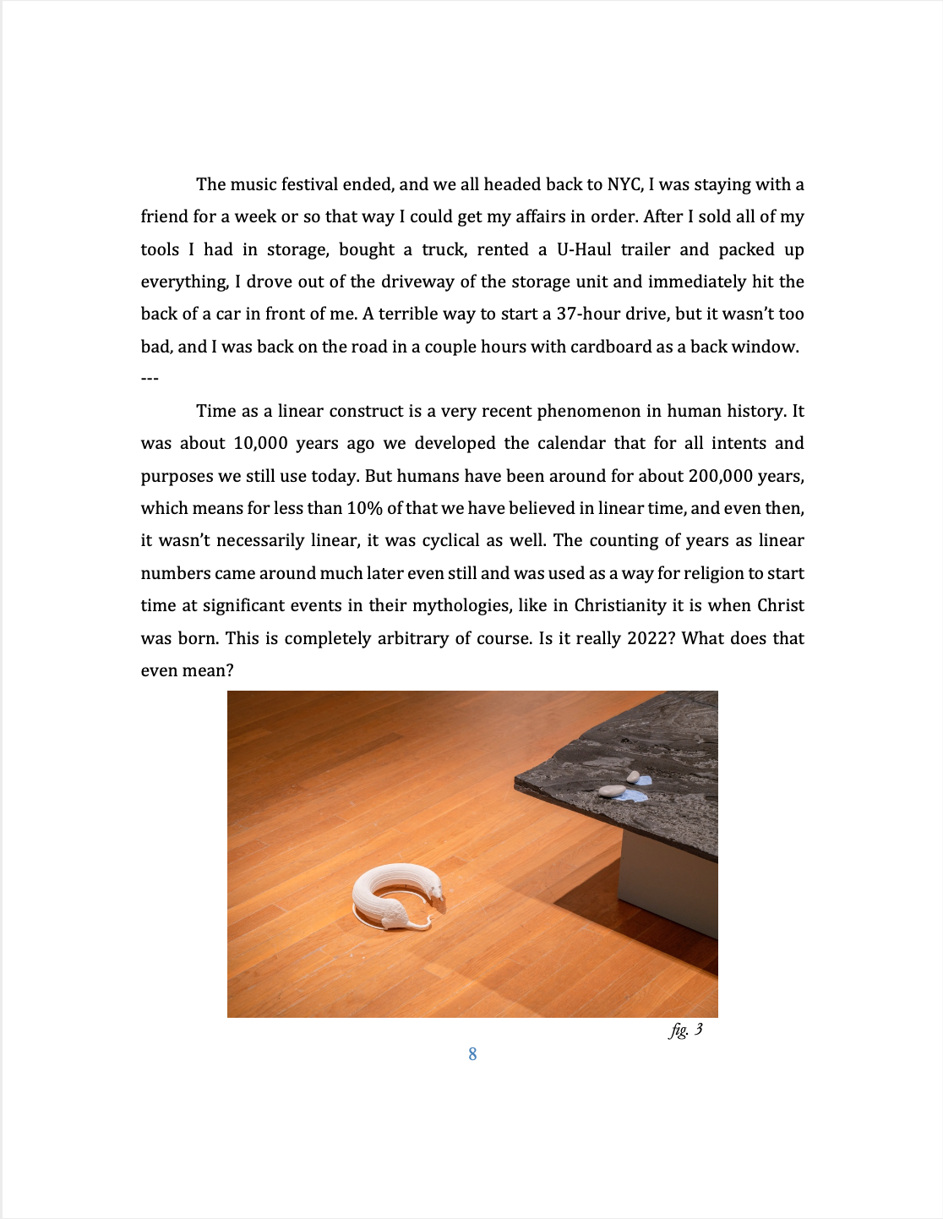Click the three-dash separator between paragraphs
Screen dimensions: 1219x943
150,379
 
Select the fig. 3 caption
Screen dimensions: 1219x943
685,1030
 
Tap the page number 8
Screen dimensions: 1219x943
472,1054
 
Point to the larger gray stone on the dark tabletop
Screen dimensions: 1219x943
612,791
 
